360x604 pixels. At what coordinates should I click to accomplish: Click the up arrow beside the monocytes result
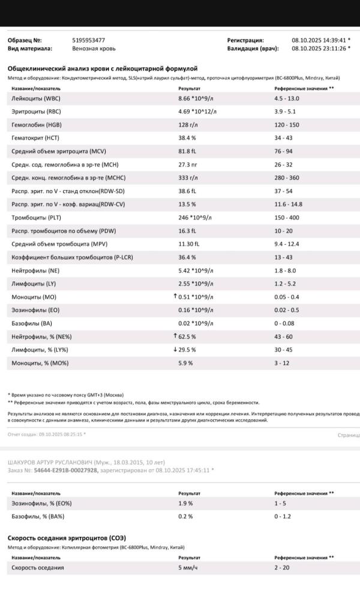click(175, 296)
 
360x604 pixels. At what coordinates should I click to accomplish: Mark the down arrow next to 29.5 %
click(175, 350)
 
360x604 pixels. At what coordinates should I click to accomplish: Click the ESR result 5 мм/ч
click(190, 567)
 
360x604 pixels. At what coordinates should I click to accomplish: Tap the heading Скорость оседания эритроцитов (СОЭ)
click(67, 538)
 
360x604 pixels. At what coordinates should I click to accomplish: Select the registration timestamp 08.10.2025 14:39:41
click(319, 40)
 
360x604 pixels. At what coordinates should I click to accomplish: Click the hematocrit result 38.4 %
click(187, 138)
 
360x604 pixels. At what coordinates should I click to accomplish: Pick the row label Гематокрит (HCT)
click(35, 138)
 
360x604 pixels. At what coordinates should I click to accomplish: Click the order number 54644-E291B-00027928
click(65, 470)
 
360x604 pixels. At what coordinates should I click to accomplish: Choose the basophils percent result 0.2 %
click(185, 516)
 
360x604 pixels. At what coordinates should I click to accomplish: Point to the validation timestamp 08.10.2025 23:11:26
click(319, 49)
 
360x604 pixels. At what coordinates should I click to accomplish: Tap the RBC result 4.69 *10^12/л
click(197, 112)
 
